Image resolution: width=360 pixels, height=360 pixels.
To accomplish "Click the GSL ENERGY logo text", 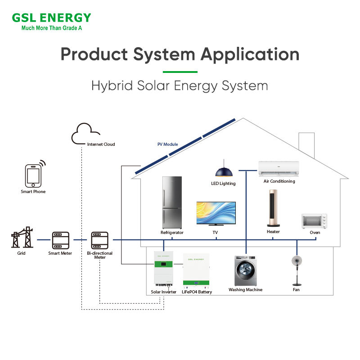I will tap(52, 18).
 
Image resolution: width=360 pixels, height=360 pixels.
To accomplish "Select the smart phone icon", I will tap(33, 175).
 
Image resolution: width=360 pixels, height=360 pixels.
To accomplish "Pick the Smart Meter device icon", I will tap(60, 240).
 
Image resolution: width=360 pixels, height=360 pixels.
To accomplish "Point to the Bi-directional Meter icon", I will tap(99, 240).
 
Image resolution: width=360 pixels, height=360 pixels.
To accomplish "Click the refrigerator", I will tap(172, 202).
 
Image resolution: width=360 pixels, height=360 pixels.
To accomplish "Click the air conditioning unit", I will tap(279, 168).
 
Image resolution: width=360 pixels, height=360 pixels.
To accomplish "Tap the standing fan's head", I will tap(297, 261).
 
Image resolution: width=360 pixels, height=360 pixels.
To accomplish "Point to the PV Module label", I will tap(167, 144).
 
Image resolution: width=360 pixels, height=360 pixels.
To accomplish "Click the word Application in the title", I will tap(250, 54).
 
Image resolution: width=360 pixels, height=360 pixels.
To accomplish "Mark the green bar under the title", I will tap(180, 72).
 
